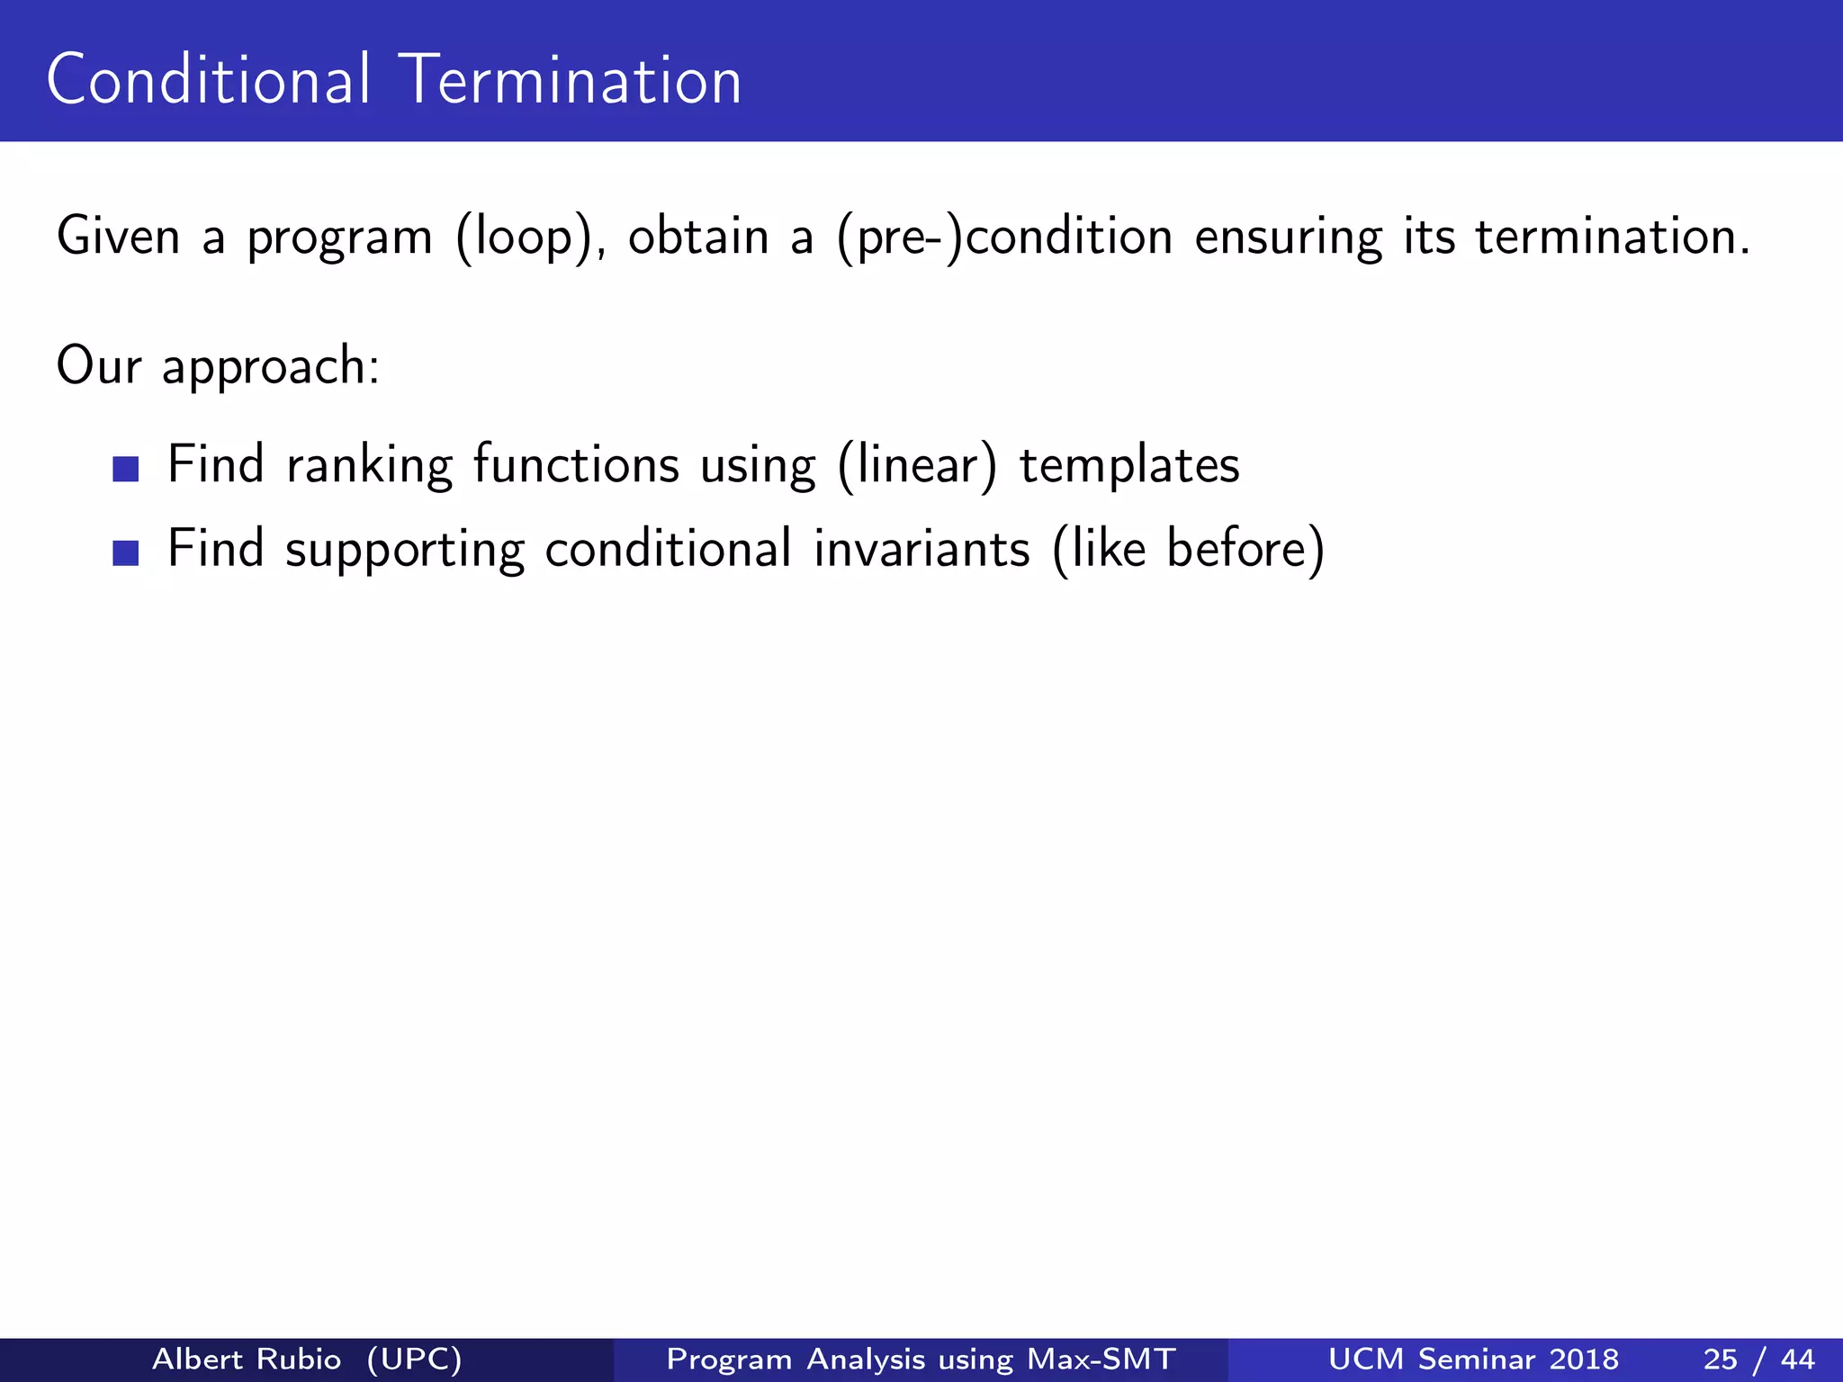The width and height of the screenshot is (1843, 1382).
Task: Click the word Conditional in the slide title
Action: [208, 80]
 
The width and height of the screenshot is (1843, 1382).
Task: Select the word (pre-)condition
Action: [1004, 238]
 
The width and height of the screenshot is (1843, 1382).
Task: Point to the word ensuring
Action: [1288, 238]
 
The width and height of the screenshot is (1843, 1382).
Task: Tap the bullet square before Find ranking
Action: [126, 469]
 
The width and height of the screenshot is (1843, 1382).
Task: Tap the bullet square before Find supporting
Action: [126, 552]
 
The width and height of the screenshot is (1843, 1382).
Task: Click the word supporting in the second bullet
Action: [404, 551]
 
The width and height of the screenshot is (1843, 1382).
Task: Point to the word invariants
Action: [921, 549]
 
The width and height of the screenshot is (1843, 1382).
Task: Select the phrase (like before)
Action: [1188, 549]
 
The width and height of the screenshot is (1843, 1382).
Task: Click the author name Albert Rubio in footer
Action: [247, 1359]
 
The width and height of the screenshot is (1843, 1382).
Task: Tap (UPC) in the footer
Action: [415, 1359]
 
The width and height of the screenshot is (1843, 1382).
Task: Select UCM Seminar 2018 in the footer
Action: [1473, 1359]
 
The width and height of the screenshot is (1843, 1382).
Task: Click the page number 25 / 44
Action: [1758, 1359]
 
